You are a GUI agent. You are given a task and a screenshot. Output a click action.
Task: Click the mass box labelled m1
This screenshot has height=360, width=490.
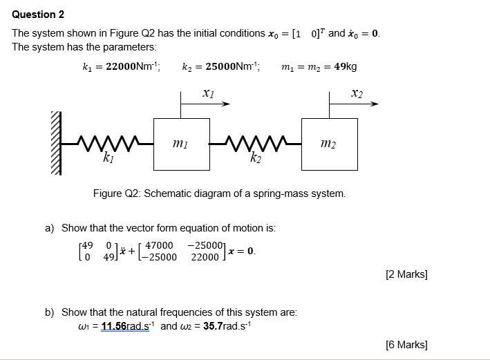(x=181, y=144)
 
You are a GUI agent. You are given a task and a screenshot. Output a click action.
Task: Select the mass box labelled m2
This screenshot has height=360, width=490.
(x=329, y=144)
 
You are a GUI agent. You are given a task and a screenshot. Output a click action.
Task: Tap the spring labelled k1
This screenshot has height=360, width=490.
(x=106, y=144)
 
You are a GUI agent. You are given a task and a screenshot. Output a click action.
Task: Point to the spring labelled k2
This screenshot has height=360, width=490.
(x=255, y=144)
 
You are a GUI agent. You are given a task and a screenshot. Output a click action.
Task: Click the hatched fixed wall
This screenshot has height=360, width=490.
(x=56, y=144)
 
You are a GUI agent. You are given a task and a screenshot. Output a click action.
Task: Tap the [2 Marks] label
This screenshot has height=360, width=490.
(x=406, y=274)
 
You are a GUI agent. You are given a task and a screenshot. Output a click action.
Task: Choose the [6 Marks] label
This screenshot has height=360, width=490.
(x=406, y=345)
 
